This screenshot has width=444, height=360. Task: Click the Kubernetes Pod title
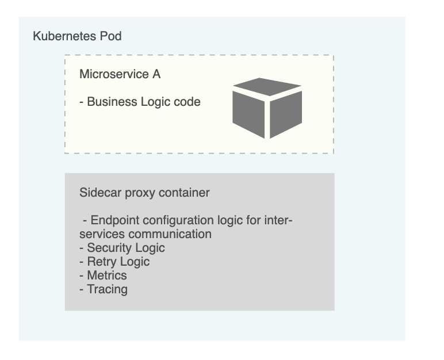[77, 36]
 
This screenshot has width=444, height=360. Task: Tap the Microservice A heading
[120, 74]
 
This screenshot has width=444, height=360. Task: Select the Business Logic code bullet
[140, 102]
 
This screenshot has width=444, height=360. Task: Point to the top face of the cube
[267, 87]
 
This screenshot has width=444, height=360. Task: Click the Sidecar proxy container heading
[144, 193]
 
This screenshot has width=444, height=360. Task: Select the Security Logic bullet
[122, 248]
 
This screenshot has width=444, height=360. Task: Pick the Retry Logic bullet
[114, 262]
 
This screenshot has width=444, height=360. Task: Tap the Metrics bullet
[103, 275]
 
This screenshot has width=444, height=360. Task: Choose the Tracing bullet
[104, 289]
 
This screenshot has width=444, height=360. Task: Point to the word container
[184, 193]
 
